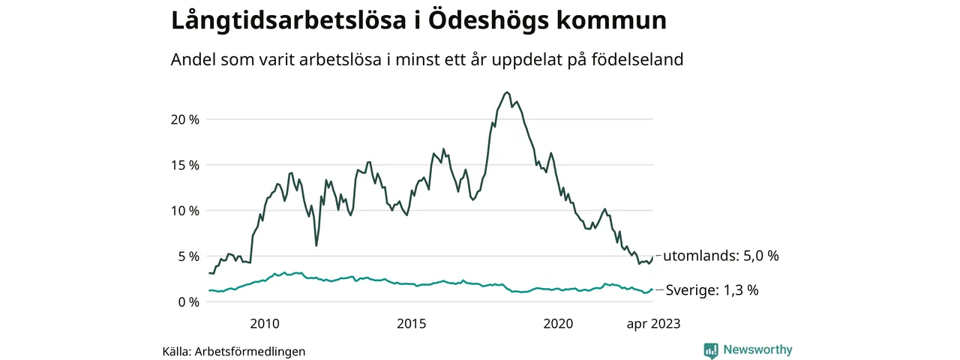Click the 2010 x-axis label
(264, 324)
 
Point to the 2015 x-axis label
(411, 324)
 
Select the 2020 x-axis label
(558, 324)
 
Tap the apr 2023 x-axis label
(653, 324)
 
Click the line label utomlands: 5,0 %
(721, 256)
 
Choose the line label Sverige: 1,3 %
(712, 290)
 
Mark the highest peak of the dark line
(508, 92)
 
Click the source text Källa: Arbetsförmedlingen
(234, 351)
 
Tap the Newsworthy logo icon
(711, 350)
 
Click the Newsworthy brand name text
(757, 349)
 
